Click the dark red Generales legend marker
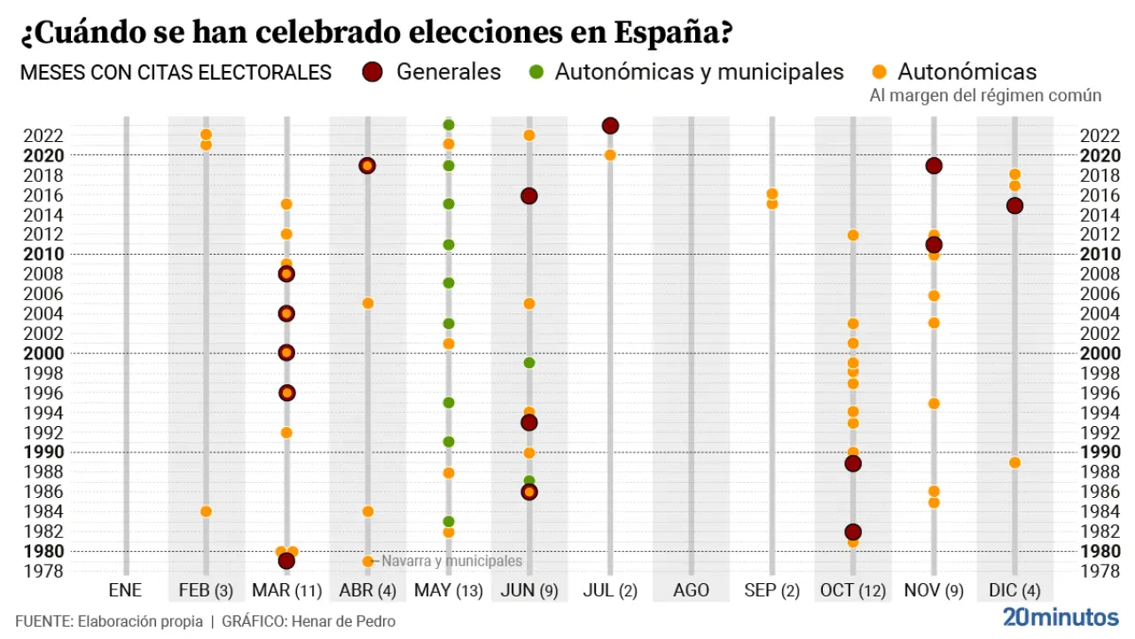pos(372,72)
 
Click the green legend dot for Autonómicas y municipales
pos(535,72)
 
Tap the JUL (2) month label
pos(610,589)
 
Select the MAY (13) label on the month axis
pos(448,589)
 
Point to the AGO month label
pos(691,589)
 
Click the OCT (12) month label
pos(852,589)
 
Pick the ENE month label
pos(125,589)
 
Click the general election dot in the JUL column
pos(610,126)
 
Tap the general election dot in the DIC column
pos(1014,206)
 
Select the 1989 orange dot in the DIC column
pos(1014,462)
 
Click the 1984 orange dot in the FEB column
pos(206,511)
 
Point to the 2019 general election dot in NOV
pos(934,166)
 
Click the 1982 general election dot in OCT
pos(853,532)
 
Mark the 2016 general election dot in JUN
pos(529,196)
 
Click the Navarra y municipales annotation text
pos(451,561)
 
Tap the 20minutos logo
pos(1061,618)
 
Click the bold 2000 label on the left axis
pos(43,352)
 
